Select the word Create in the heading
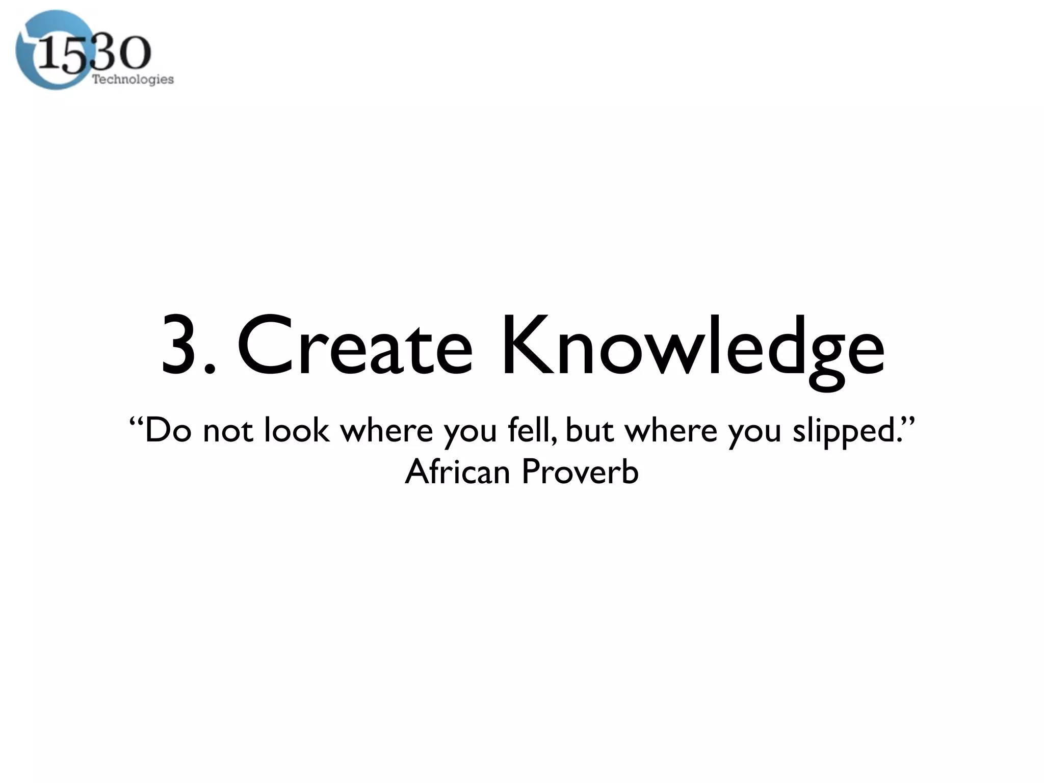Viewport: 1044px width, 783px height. [x=355, y=345]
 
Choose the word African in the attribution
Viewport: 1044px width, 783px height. [x=457, y=472]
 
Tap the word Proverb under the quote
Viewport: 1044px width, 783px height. [x=580, y=472]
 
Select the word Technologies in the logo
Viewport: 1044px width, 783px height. [x=133, y=80]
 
